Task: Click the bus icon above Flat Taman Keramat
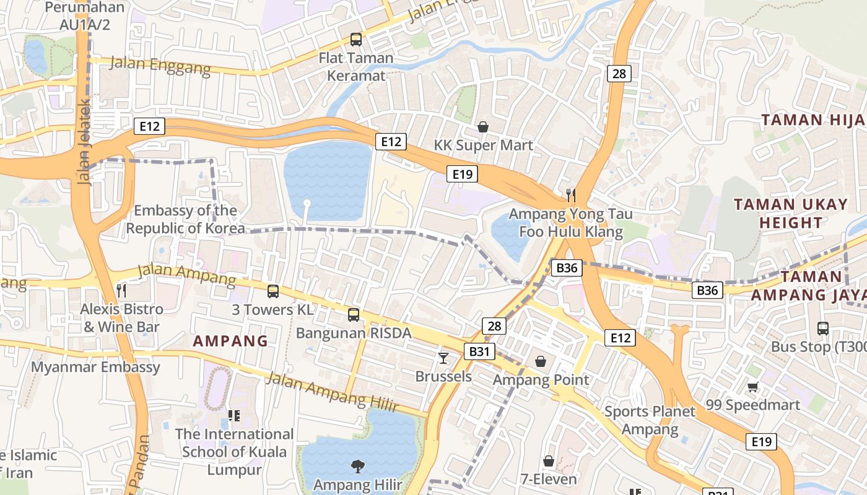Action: pyautogui.click(x=356, y=40)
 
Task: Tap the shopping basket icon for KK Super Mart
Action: pyautogui.click(x=483, y=127)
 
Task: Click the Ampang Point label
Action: pyautogui.click(x=541, y=379)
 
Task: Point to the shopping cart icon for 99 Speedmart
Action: pyautogui.click(x=752, y=387)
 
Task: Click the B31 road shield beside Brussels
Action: pyautogui.click(x=479, y=351)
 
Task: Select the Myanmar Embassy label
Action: pyautogui.click(x=96, y=367)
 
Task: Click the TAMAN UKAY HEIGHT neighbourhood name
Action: pyautogui.click(x=791, y=213)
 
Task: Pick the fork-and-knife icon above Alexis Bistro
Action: pyautogui.click(x=121, y=290)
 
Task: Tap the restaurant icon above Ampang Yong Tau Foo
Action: pyautogui.click(x=571, y=196)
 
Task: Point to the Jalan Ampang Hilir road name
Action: pyautogui.click(x=331, y=392)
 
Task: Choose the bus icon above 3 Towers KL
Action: pyautogui.click(x=273, y=291)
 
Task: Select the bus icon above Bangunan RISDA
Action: pyautogui.click(x=354, y=315)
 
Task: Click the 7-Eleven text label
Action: pyautogui.click(x=549, y=479)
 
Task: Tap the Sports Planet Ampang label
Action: pyautogui.click(x=650, y=420)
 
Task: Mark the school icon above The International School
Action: pyautogui.click(x=234, y=415)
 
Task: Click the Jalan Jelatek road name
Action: pyautogui.click(x=85, y=142)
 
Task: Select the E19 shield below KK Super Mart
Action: pyautogui.click(x=463, y=174)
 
